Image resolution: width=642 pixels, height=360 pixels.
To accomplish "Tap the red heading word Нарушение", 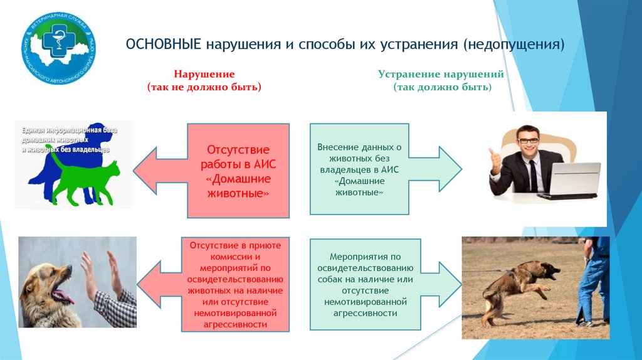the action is (204, 74).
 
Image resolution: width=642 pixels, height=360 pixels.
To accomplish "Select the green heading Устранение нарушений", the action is (441, 74).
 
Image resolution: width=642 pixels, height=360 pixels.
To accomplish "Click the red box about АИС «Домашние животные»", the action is (238, 171).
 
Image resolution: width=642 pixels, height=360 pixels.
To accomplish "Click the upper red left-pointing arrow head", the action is (149, 170).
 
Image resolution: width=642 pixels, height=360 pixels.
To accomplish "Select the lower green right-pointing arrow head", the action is (449, 284).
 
